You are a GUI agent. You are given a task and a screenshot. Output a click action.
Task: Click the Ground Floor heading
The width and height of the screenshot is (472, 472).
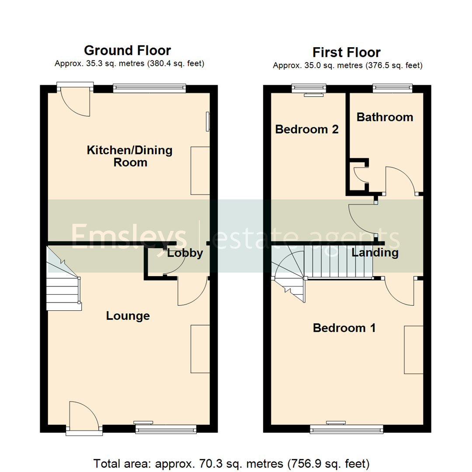[x=127, y=51]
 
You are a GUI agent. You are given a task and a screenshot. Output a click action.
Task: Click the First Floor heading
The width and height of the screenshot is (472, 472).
[x=347, y=52]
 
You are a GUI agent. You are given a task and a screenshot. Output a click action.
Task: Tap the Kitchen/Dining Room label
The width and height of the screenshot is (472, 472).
[x=130, y=156]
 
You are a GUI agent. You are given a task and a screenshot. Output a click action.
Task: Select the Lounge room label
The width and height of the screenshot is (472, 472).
[x=128, y=316]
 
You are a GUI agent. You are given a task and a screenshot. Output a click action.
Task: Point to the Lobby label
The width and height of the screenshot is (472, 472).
[x=185, y=253]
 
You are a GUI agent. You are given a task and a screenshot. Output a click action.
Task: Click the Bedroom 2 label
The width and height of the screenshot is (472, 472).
[x=307, y=129]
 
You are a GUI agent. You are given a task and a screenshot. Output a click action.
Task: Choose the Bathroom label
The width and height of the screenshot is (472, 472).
[x=385, y=117]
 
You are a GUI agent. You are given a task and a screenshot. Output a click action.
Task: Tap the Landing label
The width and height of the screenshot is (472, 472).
[x=375, y=253]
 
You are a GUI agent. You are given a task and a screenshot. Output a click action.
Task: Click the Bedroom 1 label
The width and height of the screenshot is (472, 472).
[x=344, y=328]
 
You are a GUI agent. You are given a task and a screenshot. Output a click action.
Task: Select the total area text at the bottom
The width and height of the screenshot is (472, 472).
[x=232, y=462]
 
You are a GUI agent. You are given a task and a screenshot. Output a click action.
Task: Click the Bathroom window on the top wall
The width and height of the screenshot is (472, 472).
[x=392, y=88]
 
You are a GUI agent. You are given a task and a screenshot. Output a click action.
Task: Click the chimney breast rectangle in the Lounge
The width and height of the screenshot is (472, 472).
[x=199, y=348]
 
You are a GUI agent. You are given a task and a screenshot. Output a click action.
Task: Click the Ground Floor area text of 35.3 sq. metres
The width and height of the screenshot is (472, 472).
[x=129, y=64]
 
